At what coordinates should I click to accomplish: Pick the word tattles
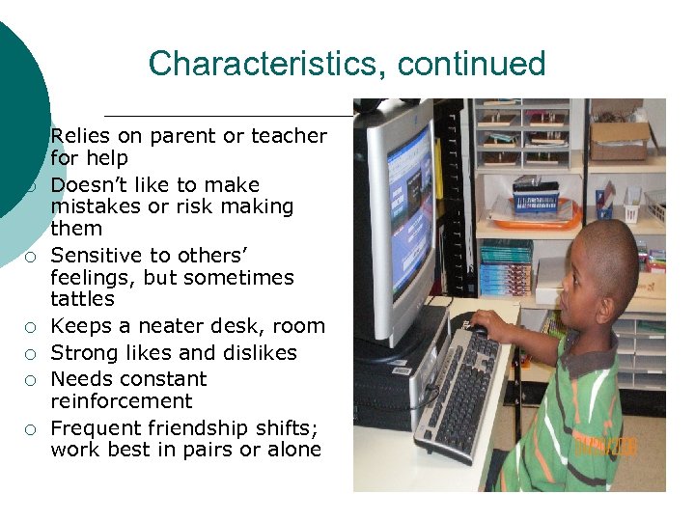82,299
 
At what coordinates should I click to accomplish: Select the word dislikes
260,353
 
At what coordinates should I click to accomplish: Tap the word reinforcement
122,401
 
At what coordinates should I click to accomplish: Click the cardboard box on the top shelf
619,139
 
